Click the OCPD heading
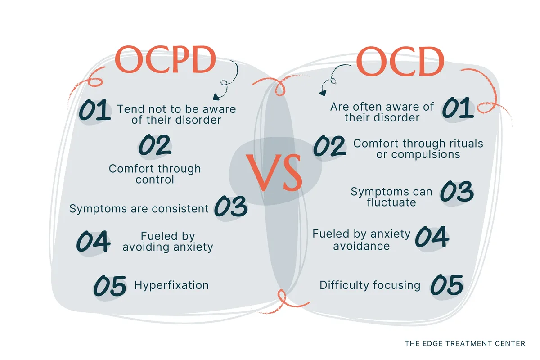166,61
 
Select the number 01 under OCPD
94,111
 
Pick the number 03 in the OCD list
456,192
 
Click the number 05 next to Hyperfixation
109,286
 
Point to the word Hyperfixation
171,285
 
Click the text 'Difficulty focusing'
370,285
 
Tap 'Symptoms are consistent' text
139,208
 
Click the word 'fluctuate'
391,202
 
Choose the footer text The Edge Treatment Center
465,343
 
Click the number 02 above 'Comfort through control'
155,145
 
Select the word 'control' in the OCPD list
154,180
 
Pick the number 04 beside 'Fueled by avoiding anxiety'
93,242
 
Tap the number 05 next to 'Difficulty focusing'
446,285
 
